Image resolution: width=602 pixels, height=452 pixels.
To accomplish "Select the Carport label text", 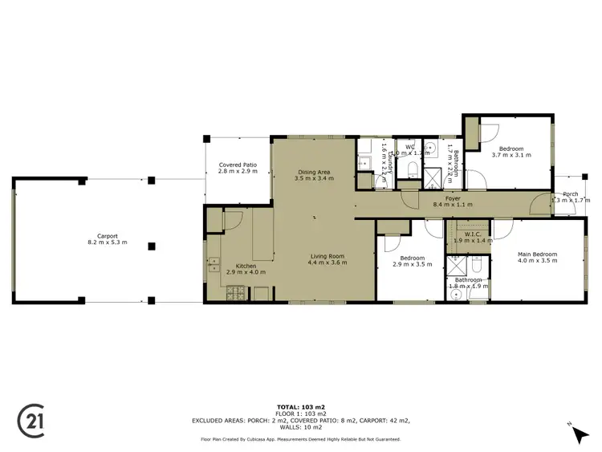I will click(108, 236).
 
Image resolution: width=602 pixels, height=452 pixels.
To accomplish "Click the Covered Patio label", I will click(238, 165).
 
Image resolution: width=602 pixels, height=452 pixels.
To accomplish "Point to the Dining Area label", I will click(315, 172).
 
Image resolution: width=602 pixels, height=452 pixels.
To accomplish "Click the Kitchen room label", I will click(245, 266).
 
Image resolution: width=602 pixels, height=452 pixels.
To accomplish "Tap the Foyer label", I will click(453, 198).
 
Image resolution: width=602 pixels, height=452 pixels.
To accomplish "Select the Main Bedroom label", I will click(537, 255).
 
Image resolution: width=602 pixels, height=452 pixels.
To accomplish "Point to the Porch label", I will click(571, 193).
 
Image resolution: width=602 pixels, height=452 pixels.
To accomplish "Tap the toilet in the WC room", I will click(413, 168).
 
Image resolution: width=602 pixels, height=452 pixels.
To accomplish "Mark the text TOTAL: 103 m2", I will click(300, 407).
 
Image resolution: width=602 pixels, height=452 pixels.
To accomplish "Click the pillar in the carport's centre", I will click(151, 245).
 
